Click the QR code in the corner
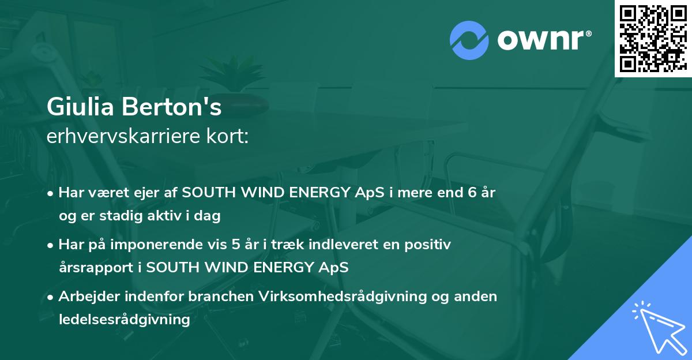pos(653,39)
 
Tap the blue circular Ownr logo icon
pos(469,40)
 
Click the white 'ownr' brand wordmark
pos(544,40)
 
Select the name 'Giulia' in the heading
pos(80,107)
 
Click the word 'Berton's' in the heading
pos(172,107)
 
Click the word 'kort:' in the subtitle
pos(227,136)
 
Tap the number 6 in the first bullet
pos(472,193)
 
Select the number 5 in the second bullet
pos(236,245)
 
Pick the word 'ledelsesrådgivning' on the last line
pos(125,320)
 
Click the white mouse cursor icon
pos(660,327)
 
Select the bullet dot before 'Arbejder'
pos(50,298)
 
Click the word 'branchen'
pos(221,297)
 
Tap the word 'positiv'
pos(427,245)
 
